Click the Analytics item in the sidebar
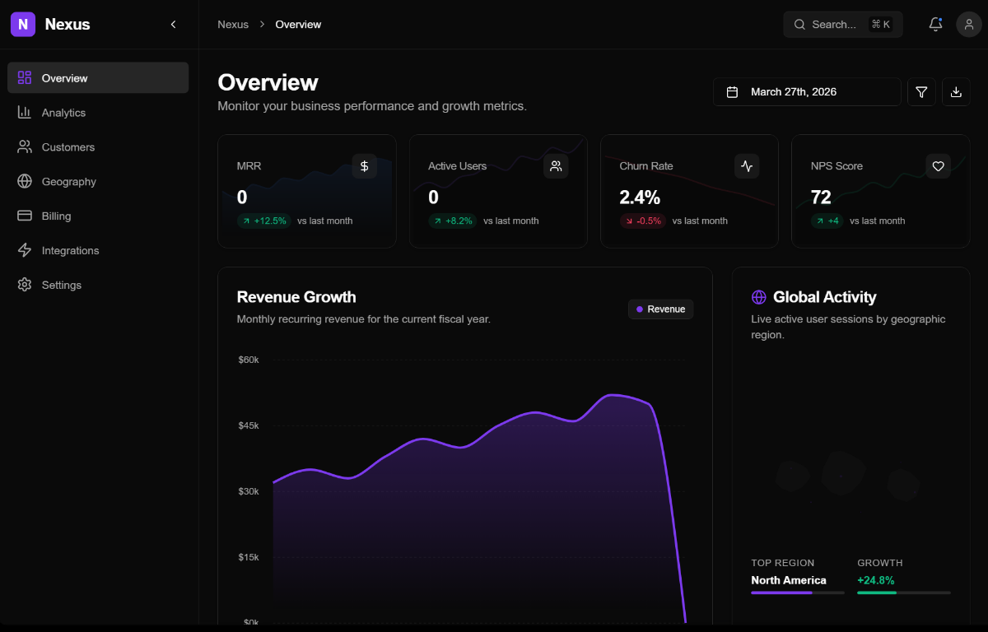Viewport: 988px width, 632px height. (x=63, y=113)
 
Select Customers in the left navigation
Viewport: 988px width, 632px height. (x=68, y=147)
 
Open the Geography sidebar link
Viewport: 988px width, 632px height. (x=68, y=182)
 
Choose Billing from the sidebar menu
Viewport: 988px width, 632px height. (x=56, y=216)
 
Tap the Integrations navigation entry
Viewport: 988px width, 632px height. (x=70, y=251)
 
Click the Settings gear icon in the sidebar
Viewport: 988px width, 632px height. (x=25, y=285)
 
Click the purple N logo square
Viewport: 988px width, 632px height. (x=23, y=25)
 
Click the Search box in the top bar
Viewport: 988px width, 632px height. (x=842, y=25)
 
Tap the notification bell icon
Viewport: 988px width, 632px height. (x=935, y=25)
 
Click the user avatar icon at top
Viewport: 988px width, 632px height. (x=969, y=25)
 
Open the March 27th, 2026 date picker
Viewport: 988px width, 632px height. (x=806, y=92)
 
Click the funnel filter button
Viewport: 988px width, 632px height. (x=921, y=92)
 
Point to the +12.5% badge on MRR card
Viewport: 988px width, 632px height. (x=264, y=221)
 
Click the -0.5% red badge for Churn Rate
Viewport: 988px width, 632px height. (x=642, y=221)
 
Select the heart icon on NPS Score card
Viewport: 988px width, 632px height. (x=938, y=166)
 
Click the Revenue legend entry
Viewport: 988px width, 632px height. (x=660, y=309)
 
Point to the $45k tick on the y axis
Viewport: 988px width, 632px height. (x=248, y=425)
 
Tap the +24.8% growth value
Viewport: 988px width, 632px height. (x=875, y=580)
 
